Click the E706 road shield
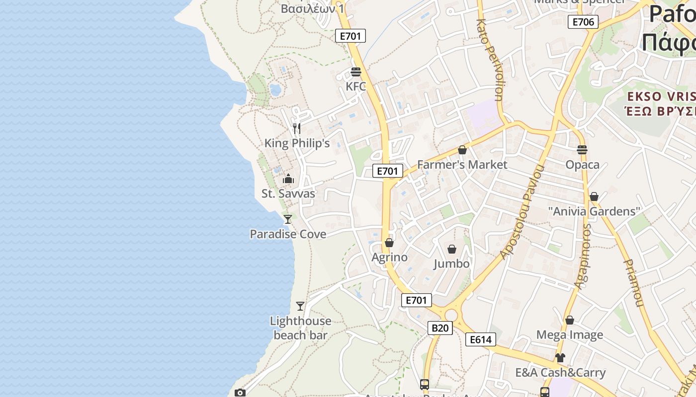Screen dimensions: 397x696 (583, 22)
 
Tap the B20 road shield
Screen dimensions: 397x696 (440, 328)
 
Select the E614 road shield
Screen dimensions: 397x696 (481, 339)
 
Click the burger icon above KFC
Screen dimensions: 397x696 (355, 72)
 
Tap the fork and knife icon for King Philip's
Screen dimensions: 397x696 (297, 129)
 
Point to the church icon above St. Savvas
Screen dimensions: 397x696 (288, 179)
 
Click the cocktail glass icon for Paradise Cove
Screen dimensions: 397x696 (287, 219)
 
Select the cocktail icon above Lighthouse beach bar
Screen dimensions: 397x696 (300, 306)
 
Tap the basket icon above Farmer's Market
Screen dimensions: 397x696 (462, 150)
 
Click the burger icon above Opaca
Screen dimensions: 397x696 (582, 149)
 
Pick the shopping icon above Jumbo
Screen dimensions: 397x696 (452, 249)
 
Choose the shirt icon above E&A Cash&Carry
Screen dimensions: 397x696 (560, 357)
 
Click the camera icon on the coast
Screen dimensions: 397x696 (240, 393)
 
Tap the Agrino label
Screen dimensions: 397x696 (390, 257)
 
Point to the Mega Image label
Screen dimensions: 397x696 (570, 335)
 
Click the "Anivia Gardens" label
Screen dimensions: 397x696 (594, 211)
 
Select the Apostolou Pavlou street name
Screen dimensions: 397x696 (523, 212)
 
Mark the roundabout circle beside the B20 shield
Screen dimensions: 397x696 (451, 315)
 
